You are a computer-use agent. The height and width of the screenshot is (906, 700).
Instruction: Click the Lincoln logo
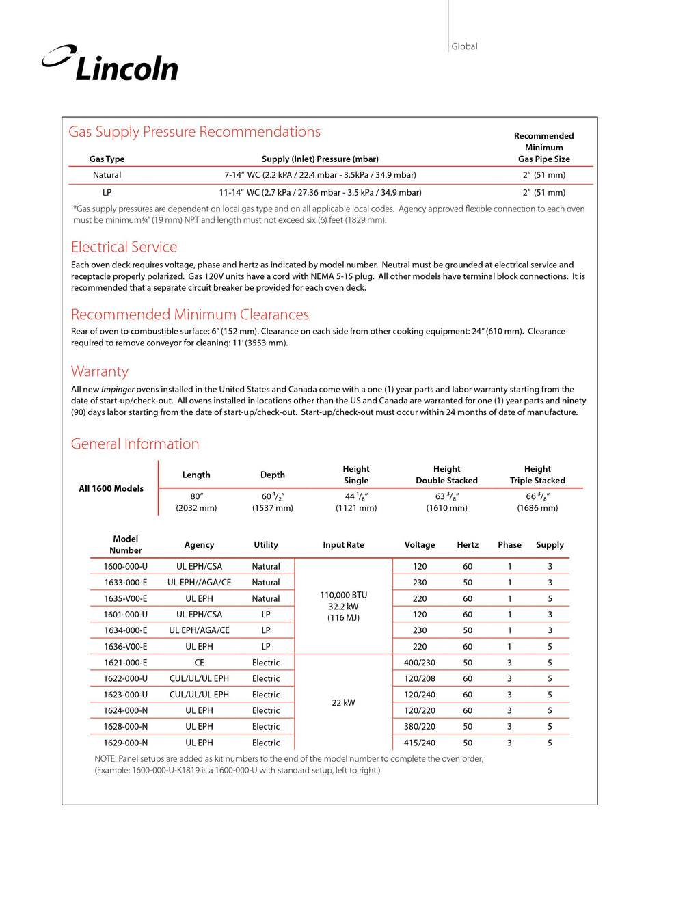(111, 64)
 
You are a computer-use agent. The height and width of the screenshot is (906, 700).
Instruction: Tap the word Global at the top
(464, 46)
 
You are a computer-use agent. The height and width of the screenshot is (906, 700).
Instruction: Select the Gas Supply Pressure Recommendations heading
(194, 132)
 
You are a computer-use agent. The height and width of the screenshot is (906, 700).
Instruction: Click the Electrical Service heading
(124, 247)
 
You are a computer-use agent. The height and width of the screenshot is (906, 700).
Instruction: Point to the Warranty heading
(100, 371)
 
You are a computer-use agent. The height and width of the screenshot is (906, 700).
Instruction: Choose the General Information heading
(135, 444)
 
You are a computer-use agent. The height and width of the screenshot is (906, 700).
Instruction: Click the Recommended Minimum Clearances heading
(190, 315)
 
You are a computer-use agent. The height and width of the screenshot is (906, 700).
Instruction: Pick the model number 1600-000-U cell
(126, 566)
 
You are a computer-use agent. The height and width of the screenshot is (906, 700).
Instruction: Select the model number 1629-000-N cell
(126, 743)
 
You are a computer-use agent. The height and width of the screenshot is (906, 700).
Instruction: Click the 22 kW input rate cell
(343, 702)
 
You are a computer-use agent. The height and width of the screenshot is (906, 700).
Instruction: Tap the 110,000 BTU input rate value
(343, 595)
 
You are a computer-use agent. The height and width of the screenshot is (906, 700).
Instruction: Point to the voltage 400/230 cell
(420, 663)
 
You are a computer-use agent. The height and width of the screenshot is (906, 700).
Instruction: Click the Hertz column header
(468, 545)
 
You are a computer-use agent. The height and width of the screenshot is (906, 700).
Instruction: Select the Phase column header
(509, 545)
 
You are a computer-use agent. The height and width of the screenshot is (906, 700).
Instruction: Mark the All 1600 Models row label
(111, 488)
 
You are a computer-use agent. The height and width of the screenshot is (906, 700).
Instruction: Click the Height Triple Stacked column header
(537, 475)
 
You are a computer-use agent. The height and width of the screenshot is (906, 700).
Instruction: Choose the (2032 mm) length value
(196, 508)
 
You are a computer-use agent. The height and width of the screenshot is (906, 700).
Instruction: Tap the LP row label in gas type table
(107, 193)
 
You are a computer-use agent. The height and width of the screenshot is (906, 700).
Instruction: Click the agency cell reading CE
(199, 663)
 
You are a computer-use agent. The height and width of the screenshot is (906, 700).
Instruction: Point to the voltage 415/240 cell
(420, 743)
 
